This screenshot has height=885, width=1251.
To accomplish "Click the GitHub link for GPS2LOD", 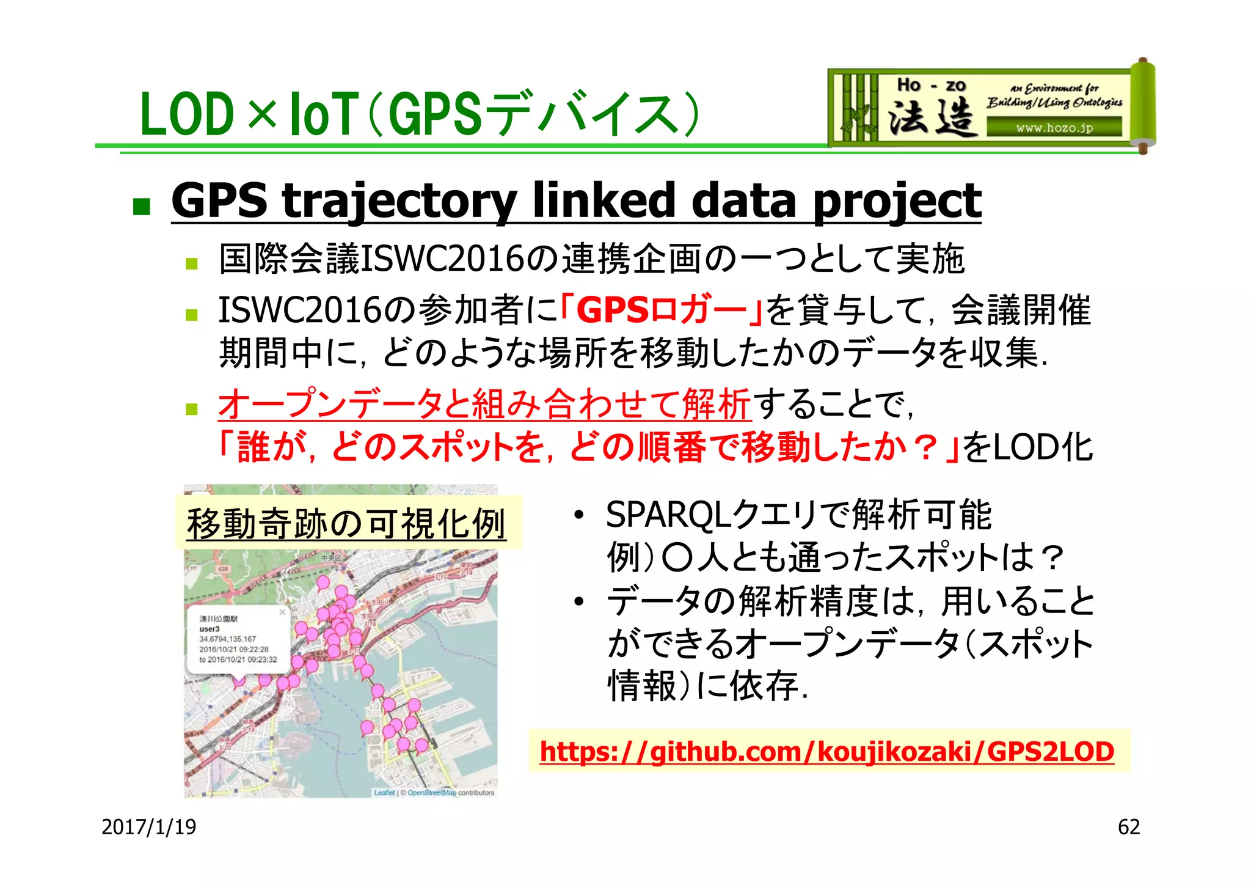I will [827, 752].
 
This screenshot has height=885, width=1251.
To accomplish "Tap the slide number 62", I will [1128, 827].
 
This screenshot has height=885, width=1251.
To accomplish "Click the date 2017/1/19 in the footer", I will [148, 827].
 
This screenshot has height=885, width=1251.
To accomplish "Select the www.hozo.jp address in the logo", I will [1054, 128].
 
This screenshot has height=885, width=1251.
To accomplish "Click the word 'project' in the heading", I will [897, 202].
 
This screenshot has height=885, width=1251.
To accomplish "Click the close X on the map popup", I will [282, 612].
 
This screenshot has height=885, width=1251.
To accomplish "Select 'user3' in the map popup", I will [210, 629].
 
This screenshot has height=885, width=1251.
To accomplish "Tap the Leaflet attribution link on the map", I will [384, 793].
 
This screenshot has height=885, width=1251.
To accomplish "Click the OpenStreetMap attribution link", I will [432, 793].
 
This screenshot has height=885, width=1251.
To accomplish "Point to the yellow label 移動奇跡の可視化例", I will [346, 524].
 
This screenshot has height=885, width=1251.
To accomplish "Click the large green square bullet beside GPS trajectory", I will [141, 207].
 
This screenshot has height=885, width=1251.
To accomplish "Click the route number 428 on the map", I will [222, 569].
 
